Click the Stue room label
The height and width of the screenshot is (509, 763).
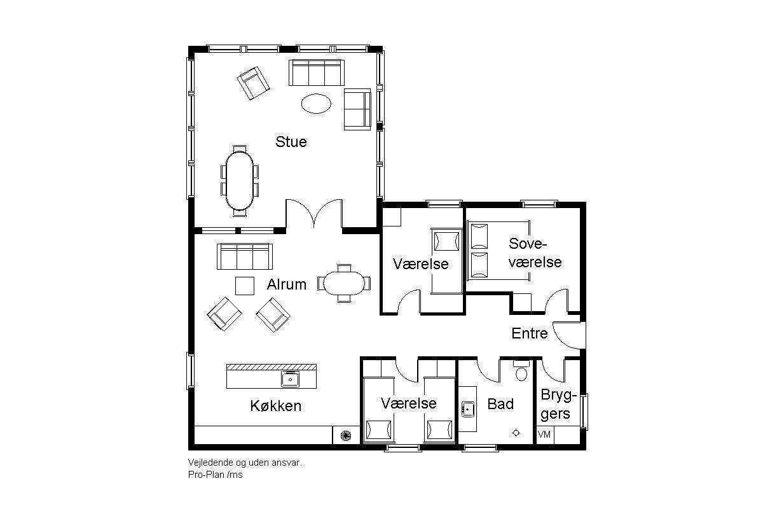click(x=291, y=142)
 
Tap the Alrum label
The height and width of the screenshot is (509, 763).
click(x=287, y=284)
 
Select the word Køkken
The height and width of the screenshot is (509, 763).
click(x=276, y=406)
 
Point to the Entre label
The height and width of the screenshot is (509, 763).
click(x=529, y=333)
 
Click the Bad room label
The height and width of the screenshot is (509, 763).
click(x=500, y=404)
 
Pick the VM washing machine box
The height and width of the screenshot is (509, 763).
click(x=545, y=435)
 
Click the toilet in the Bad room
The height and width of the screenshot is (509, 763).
click(x=521, y=370)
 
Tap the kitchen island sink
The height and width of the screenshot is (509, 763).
click(x=290, y=379)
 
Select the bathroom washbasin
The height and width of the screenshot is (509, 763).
click(x=468, y=409)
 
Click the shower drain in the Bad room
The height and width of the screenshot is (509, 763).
click(x=516, y=433)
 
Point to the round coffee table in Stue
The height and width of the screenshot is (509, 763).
click(x=316, y=103)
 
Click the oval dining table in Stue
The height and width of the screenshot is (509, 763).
click(x=240, y=180)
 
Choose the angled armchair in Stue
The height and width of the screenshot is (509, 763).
click(x=253, y=83)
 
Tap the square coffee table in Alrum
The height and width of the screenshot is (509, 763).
click(x=245, y=286)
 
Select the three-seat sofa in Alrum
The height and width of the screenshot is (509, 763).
click(x=245, y=256)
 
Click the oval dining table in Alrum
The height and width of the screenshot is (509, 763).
click(x=344, y=283)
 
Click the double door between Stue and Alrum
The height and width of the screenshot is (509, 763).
click(x=313, y=213)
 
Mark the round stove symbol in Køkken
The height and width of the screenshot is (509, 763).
click(x=346, y=435)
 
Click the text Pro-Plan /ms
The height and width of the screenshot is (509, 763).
click(x=216, y=475)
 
